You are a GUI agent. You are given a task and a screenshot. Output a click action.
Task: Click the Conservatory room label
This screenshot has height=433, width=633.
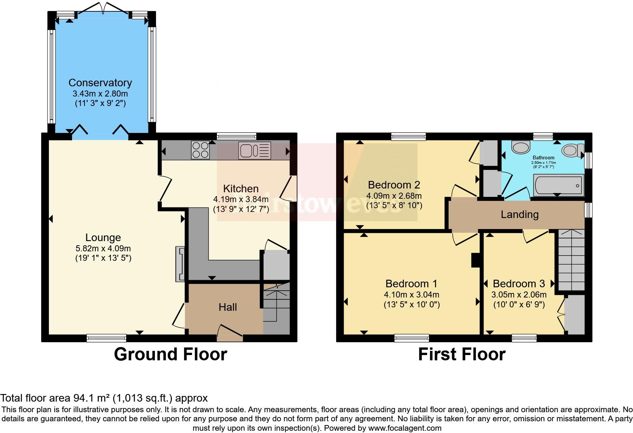coord(100,83)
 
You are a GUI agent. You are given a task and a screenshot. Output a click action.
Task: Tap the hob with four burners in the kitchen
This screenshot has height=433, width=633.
coord(200,150)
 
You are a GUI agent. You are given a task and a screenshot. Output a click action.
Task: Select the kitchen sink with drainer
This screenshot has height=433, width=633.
coord(254,150)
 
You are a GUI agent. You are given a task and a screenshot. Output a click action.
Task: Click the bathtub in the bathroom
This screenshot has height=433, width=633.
coord(558,185)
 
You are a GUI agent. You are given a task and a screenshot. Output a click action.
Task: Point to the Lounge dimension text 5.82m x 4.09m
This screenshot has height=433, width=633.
coord(103,249)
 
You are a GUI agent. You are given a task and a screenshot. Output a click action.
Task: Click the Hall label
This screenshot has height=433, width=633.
coord(228,307)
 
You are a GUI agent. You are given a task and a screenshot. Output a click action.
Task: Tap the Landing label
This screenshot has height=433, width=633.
coord(519,215)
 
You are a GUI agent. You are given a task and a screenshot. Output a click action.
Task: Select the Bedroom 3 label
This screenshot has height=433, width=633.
coord(519,283)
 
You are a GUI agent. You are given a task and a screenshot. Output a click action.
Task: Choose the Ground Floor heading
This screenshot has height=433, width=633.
coord(170,354)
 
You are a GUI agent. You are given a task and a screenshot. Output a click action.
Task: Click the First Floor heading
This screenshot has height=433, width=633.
coord(461,354)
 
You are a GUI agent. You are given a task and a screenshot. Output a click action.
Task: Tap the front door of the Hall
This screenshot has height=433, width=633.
coord(230,333)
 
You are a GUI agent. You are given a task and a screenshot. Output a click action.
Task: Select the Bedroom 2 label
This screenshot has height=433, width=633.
coord(394,185)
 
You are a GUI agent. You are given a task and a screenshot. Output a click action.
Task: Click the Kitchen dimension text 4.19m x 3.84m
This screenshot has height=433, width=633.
coord(241,199)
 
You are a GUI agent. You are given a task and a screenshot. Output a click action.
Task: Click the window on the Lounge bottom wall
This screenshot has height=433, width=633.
coord(106,338)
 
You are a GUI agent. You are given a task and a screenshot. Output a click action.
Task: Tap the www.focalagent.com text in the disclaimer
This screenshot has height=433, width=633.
coord(405,428)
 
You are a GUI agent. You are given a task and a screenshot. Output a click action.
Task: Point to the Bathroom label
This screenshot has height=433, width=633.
coord(543,157)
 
